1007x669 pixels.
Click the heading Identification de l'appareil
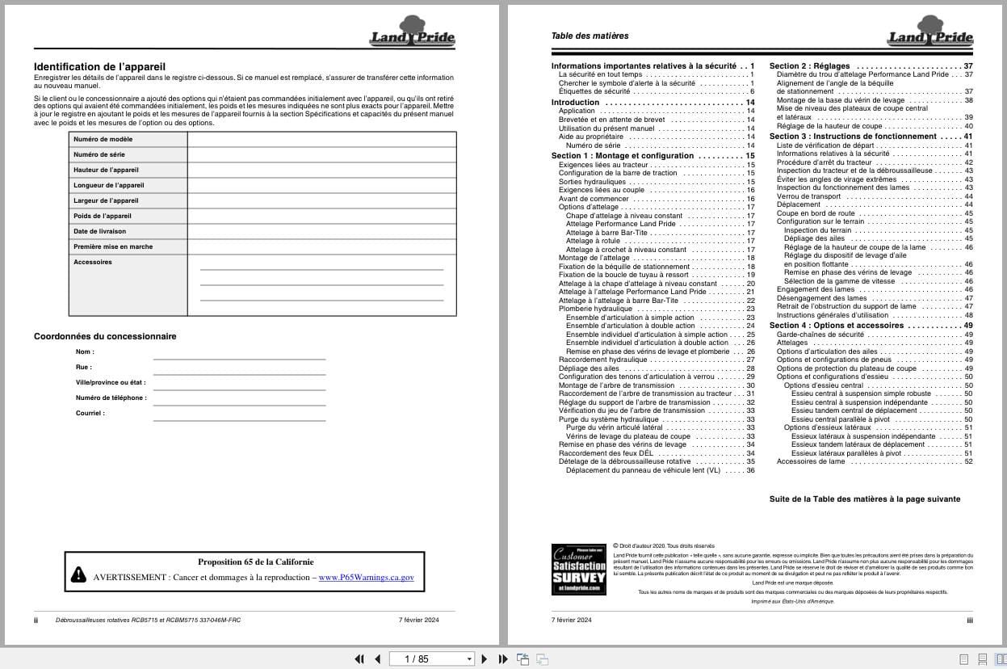100,66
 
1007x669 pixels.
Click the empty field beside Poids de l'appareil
321,216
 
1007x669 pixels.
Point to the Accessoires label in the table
93,262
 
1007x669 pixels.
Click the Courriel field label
90,413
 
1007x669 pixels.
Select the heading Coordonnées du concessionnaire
105,336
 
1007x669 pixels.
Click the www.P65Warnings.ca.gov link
366,578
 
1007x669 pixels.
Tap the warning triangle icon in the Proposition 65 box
78,574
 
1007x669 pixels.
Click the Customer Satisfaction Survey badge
578,569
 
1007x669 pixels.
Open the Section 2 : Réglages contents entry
808,65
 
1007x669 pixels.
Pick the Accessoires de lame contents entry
810,461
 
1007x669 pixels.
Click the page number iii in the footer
969,620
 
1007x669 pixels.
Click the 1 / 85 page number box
431,658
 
